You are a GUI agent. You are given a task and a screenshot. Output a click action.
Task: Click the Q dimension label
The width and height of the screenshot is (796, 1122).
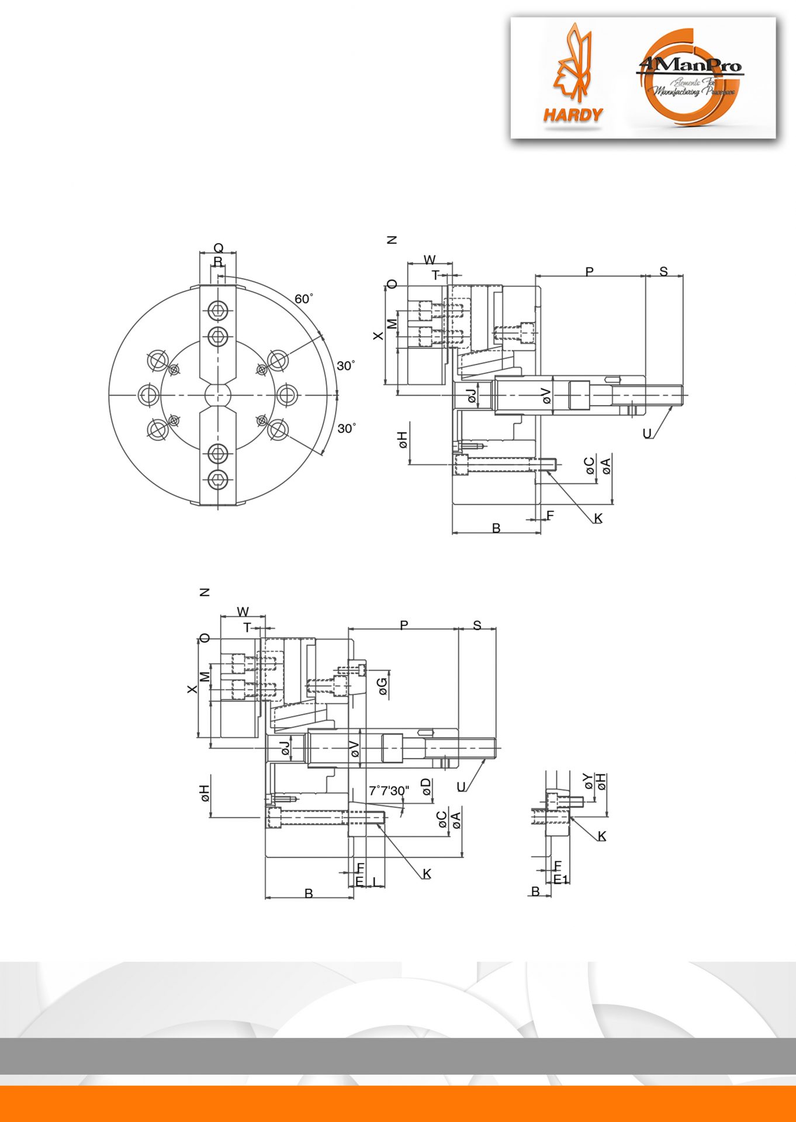[218, 248]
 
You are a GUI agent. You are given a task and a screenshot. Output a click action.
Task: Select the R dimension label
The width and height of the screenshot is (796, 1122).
[218, 261]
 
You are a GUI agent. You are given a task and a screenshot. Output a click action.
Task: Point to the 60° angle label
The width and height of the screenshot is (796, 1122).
[303, 299]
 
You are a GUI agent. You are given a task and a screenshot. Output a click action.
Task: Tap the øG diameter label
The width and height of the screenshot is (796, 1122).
[383, 686]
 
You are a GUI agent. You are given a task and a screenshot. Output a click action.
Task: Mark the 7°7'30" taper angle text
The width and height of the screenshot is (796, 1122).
[389, 791]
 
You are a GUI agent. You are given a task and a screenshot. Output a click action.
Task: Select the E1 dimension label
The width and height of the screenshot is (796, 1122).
[561, 879]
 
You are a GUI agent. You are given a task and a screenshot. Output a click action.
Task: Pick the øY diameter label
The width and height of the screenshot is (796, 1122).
[588, 781]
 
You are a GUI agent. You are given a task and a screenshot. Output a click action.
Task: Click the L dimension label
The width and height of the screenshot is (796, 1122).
[375, 881]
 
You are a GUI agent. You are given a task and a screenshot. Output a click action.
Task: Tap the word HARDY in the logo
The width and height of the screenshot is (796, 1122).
[573, 115]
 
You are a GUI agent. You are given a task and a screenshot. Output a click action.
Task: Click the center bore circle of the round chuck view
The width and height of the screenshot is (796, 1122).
[218, 395]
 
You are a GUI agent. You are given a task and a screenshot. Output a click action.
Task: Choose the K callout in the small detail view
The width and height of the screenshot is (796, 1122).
[601, 836]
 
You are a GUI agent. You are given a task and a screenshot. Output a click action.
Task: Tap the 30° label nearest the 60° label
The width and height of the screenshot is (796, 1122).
[345, 366]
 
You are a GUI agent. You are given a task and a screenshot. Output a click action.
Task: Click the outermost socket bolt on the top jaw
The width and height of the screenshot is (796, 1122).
[218, 310]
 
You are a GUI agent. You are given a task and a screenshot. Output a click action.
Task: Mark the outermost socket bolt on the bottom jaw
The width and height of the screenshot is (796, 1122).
[218, 480]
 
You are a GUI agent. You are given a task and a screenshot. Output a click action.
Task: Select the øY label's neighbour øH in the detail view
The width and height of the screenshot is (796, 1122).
[602, 781]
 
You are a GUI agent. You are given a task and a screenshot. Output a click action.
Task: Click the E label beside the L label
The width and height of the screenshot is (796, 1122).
[359, 881]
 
